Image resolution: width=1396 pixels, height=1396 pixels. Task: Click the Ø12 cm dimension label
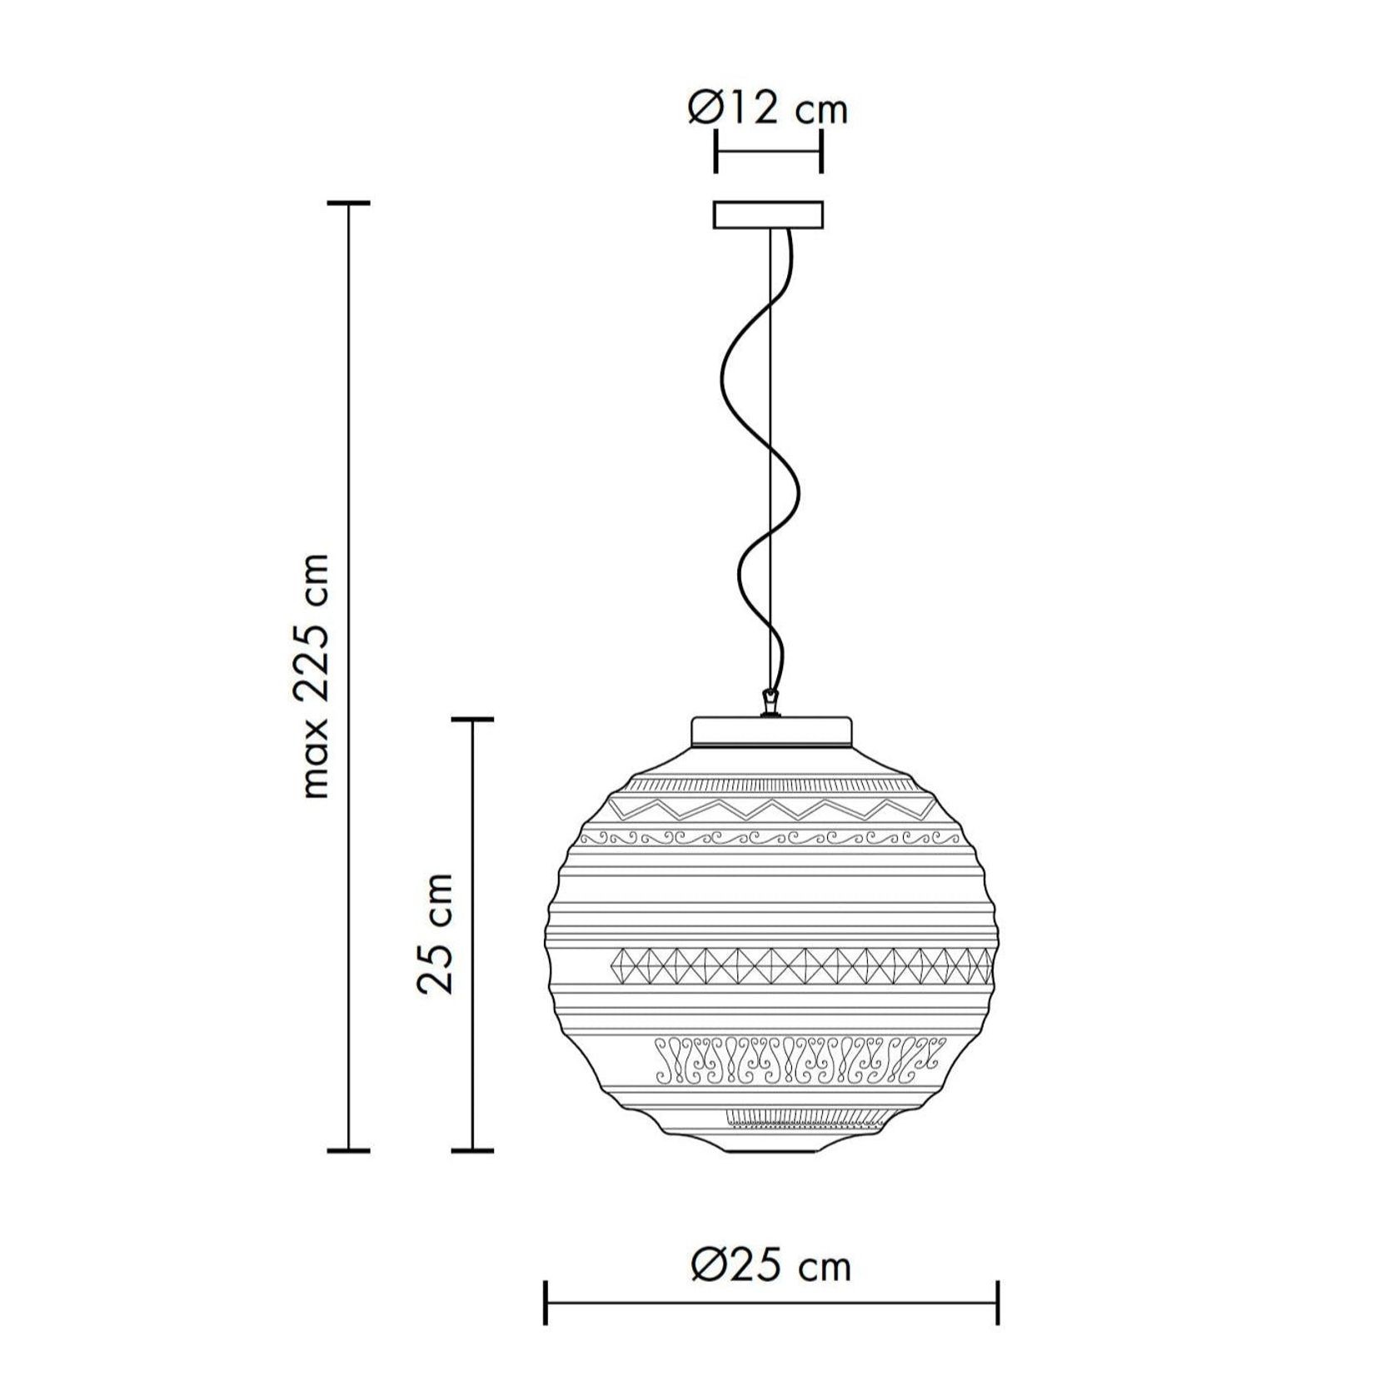click(x=767, y=110)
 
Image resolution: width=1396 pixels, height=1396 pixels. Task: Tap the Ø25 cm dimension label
click(x=770, y=1266)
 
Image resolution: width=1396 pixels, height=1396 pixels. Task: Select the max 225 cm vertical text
click(x=317, y=675)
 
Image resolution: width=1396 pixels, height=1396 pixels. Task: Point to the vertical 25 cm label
click(x=436, y=933)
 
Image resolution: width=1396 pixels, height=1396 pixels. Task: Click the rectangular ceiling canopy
click(x=768, y=214)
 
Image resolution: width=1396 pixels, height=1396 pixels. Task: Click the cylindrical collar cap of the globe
click(x=772, y=733)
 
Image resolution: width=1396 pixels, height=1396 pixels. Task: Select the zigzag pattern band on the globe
click(x=770, y=808)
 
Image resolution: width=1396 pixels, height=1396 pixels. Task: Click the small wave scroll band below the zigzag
click(x=770, y=837)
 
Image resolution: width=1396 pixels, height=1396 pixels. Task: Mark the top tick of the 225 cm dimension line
click(x=347, y=203)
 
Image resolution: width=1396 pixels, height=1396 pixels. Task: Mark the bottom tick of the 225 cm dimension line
click(x=347, y=1150)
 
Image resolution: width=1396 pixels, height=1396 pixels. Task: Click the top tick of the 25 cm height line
click(x=472, y=719)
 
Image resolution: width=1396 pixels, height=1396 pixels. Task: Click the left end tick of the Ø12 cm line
click(x=715, y=151)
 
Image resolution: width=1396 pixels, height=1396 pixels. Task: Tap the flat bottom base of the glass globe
click(x=770, y=1150)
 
